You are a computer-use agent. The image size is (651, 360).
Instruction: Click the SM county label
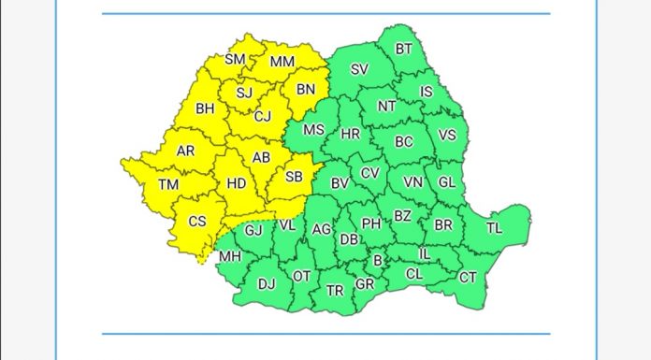(235, 61)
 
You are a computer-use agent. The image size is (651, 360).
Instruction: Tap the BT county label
(404, 49)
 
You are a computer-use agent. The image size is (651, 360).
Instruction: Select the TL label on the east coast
(495, 226)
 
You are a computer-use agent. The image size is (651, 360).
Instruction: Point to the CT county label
(468, 277)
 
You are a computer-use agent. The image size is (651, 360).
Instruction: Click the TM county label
(168, 185)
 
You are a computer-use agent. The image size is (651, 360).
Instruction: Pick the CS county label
(197, 222)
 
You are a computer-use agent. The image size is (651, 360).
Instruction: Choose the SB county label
(294, 177)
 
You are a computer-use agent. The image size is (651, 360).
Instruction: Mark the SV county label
(359, 69)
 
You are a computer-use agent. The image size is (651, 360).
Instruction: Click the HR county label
(351, 135)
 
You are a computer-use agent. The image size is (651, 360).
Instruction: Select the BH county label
(205, 108)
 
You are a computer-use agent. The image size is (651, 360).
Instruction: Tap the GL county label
(447, 181)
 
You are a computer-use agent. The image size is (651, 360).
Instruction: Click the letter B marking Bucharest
(378, 261)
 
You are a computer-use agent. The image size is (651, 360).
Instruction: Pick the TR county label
(334, 290)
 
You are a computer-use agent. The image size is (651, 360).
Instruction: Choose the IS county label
(427, 92)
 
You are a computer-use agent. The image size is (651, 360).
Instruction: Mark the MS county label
(314, 130)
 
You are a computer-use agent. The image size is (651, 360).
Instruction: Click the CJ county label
(263, 117)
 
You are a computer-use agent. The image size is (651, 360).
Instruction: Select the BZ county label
(402, 216)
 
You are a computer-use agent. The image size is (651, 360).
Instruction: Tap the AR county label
(186, 151)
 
